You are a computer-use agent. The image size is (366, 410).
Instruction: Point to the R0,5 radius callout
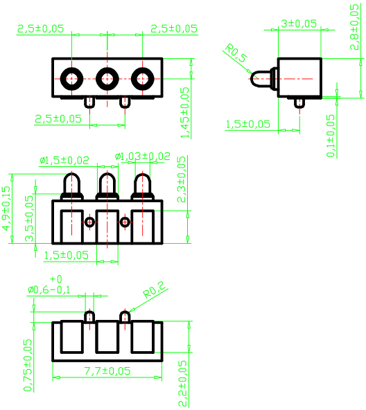click(x=236, y=54)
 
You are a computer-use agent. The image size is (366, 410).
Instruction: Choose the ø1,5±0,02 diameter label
click(x=64, y=160)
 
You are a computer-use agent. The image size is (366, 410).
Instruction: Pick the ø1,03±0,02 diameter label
click(x=142, y=157)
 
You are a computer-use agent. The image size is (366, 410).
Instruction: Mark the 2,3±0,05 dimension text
click(x=182, y=179)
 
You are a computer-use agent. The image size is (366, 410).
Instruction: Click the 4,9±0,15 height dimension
click(x=6, y=214)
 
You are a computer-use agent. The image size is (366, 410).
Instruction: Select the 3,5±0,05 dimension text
click(x=29, y=217)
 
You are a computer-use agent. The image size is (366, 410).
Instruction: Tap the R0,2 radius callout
click(x=154, y=289)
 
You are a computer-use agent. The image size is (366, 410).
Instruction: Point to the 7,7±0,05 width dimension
click(x=107, y=371)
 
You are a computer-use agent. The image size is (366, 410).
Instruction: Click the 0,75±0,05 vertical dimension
click(x=28, y=365)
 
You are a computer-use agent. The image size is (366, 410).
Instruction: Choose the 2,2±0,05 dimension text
click(x=183, y=383)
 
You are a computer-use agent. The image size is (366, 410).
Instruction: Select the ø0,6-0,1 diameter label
click(x=49, y=289)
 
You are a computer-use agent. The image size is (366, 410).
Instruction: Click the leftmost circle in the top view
click(x=71, y=78)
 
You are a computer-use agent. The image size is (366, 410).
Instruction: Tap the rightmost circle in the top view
click(x=142, y=78)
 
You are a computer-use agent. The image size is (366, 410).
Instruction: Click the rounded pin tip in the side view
click(x=259, y=78)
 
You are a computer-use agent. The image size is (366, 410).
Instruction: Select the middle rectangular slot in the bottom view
click(x=107, y=337)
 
